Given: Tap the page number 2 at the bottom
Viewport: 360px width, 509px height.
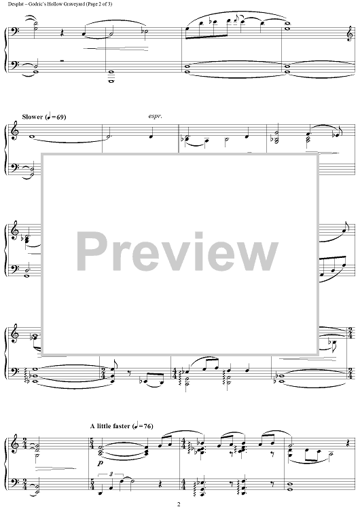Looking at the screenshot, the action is coord(179,504).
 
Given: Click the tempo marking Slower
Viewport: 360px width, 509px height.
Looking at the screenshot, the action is coord(33,117).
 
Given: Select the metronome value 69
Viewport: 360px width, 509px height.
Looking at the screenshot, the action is coord(60,117).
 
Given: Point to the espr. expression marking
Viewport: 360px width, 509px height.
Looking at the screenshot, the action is coord(155,116).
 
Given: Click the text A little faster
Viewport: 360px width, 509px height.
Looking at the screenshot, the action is coord(110,426).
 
